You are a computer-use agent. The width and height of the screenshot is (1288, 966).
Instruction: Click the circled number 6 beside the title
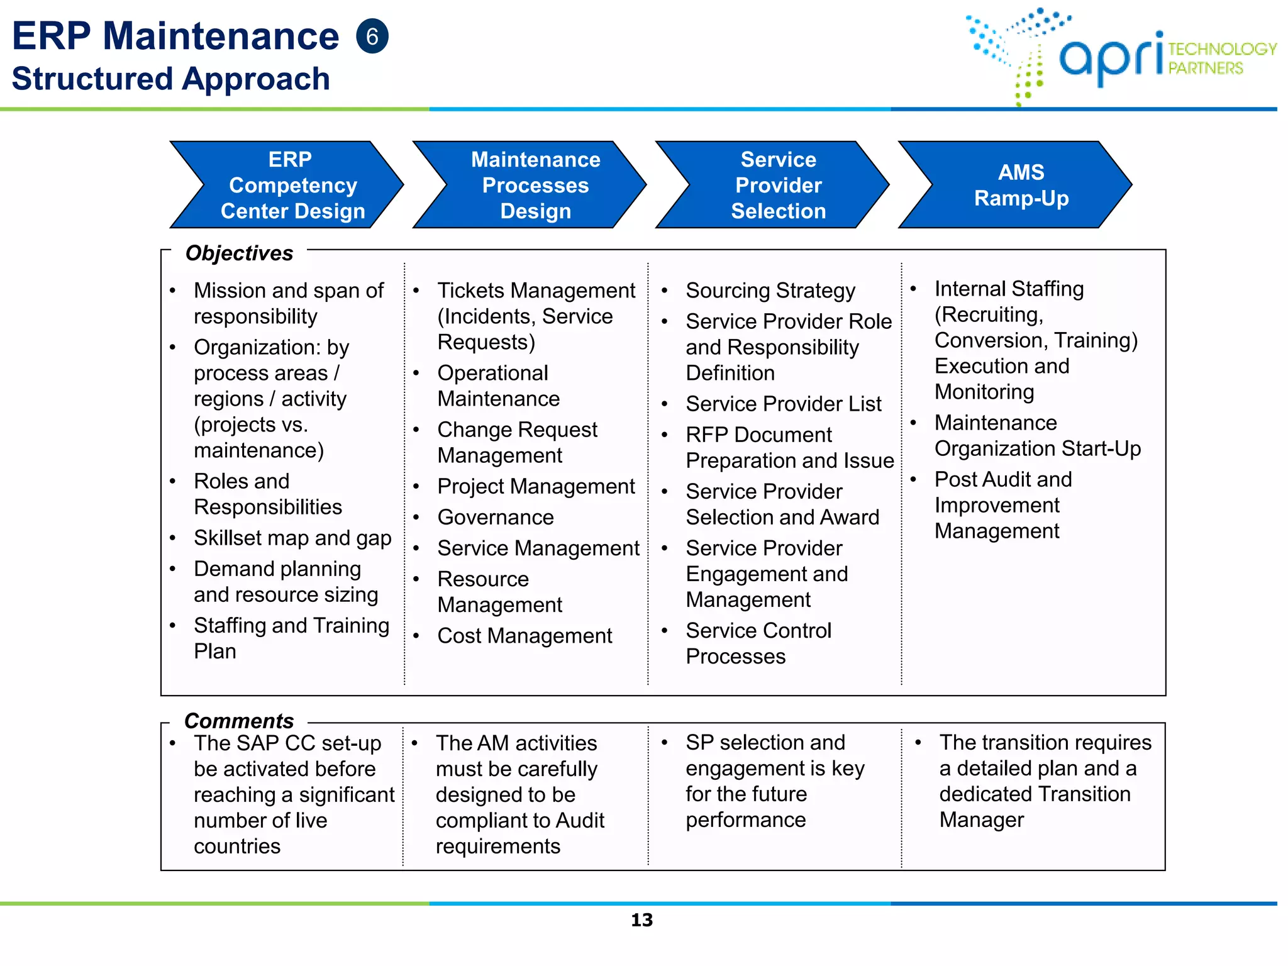372,36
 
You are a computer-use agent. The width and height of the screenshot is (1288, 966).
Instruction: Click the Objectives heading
239,253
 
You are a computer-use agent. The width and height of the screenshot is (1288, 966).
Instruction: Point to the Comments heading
239,720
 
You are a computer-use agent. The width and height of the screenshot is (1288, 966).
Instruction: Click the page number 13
641,920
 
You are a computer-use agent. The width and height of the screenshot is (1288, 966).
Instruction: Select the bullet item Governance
496,517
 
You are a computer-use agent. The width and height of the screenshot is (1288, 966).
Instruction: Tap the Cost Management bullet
525,636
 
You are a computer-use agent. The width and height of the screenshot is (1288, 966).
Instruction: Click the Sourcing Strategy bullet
770,291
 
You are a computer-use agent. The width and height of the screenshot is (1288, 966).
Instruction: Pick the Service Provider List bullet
783,404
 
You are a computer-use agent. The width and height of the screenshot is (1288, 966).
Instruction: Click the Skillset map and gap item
292,538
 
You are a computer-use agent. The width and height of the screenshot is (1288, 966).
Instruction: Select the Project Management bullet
536,486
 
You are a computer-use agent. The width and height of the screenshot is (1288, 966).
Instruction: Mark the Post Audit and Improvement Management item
1002,505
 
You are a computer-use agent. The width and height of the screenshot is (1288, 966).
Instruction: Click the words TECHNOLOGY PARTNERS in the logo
1220,58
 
